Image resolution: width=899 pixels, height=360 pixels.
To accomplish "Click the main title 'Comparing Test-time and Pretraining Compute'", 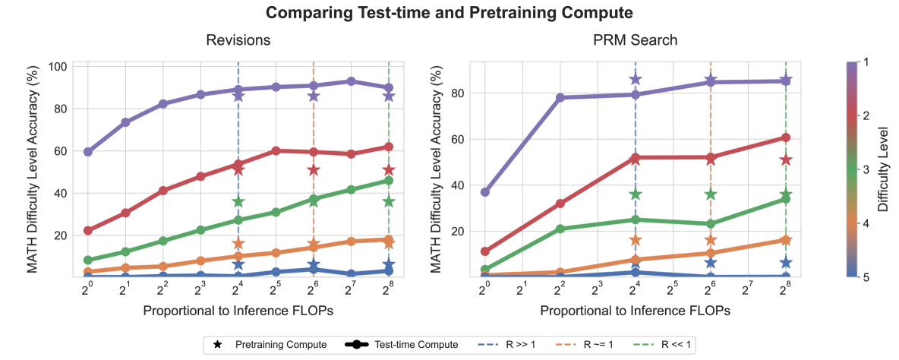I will click(x=449, y=12).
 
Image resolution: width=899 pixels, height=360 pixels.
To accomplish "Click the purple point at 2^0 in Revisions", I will click(x=88, y=152).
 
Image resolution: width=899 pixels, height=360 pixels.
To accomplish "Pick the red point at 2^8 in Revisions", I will click(x=388, y=147).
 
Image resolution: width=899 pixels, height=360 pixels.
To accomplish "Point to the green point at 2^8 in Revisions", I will click(x=388, y=181).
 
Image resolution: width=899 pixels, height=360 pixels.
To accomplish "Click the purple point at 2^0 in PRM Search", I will click(x=485, y=192).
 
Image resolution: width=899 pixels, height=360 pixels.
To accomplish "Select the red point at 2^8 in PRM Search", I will click(x=786, y=137).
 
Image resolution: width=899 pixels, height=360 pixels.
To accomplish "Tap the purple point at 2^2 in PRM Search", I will click(x=560, y=97).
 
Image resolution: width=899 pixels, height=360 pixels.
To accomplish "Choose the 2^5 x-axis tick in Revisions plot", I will click(x=275, y=290).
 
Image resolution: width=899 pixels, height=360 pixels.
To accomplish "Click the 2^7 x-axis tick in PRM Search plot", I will click(x=748, y=290).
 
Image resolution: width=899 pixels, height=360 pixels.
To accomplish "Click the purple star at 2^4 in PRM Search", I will click(x=636, y=79).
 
